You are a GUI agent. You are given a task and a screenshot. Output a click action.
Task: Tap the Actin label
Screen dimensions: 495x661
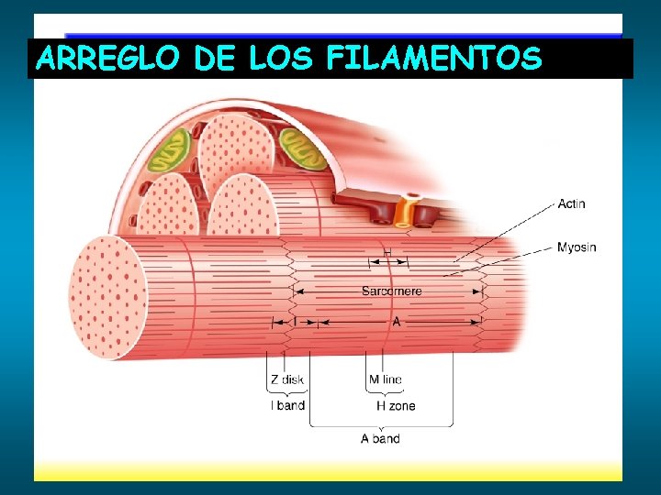(571, 203)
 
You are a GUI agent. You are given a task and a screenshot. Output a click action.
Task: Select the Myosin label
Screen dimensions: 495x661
(577, 247)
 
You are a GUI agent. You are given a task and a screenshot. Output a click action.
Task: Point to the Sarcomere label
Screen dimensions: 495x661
(392, 291)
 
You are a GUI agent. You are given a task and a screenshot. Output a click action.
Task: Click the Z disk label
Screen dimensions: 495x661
(286, 379)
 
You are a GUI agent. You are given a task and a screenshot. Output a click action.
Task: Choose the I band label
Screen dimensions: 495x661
(287, 405)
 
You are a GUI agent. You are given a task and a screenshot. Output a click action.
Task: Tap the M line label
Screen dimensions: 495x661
(385, 379)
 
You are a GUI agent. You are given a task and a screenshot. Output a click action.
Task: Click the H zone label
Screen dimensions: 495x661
(396, 405)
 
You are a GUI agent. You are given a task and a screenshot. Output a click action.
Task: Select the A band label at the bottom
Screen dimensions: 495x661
(380, 438)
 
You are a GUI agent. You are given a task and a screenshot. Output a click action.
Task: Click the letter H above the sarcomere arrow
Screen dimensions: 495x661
(387, 251)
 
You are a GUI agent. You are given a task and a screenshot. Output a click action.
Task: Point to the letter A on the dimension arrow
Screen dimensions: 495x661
(397, 322)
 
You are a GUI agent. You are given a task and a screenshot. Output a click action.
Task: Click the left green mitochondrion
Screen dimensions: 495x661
(170, 151)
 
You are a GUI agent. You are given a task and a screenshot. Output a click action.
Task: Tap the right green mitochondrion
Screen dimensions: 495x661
(304, 149)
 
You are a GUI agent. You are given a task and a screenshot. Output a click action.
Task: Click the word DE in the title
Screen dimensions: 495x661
(213, 59)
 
